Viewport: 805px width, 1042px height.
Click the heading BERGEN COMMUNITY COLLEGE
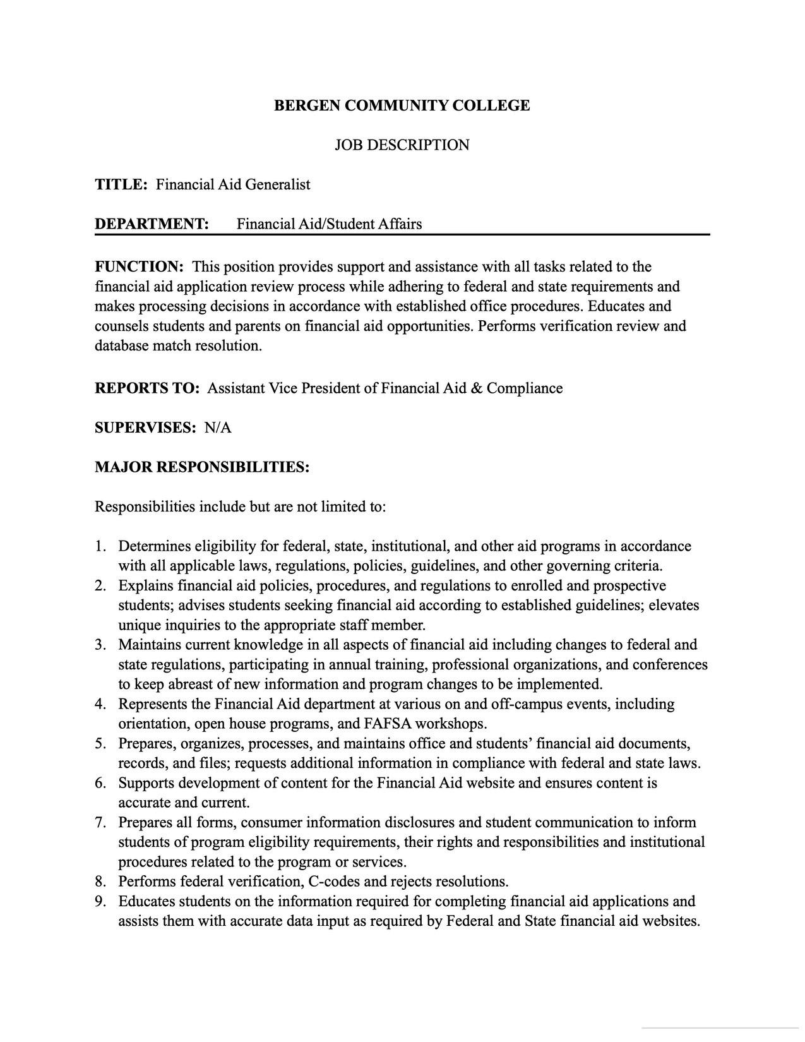(x=402, y=105)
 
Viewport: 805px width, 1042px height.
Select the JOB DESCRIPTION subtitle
(x=402, y=145)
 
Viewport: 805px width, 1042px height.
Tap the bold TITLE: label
(x=121, y=184)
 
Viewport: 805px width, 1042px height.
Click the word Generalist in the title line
(x=278, y=184)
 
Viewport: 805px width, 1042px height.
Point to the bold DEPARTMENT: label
(x=152, y=224)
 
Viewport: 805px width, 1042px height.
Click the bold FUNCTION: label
(x=139, y=266)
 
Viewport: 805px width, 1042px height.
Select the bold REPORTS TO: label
(x=146, y=388)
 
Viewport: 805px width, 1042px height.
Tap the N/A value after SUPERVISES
(x=218, y=428)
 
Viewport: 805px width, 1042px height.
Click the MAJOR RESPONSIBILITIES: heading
(x=202, y=467)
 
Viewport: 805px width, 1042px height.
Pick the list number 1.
(x=100, y=546)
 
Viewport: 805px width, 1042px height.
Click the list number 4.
(x=100, y=704)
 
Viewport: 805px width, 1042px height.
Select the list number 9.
(x=100, y=901)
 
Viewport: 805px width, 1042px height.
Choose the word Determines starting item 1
(x=154, y=546)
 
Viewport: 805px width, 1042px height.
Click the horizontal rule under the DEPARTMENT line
(x=402, y=234)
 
